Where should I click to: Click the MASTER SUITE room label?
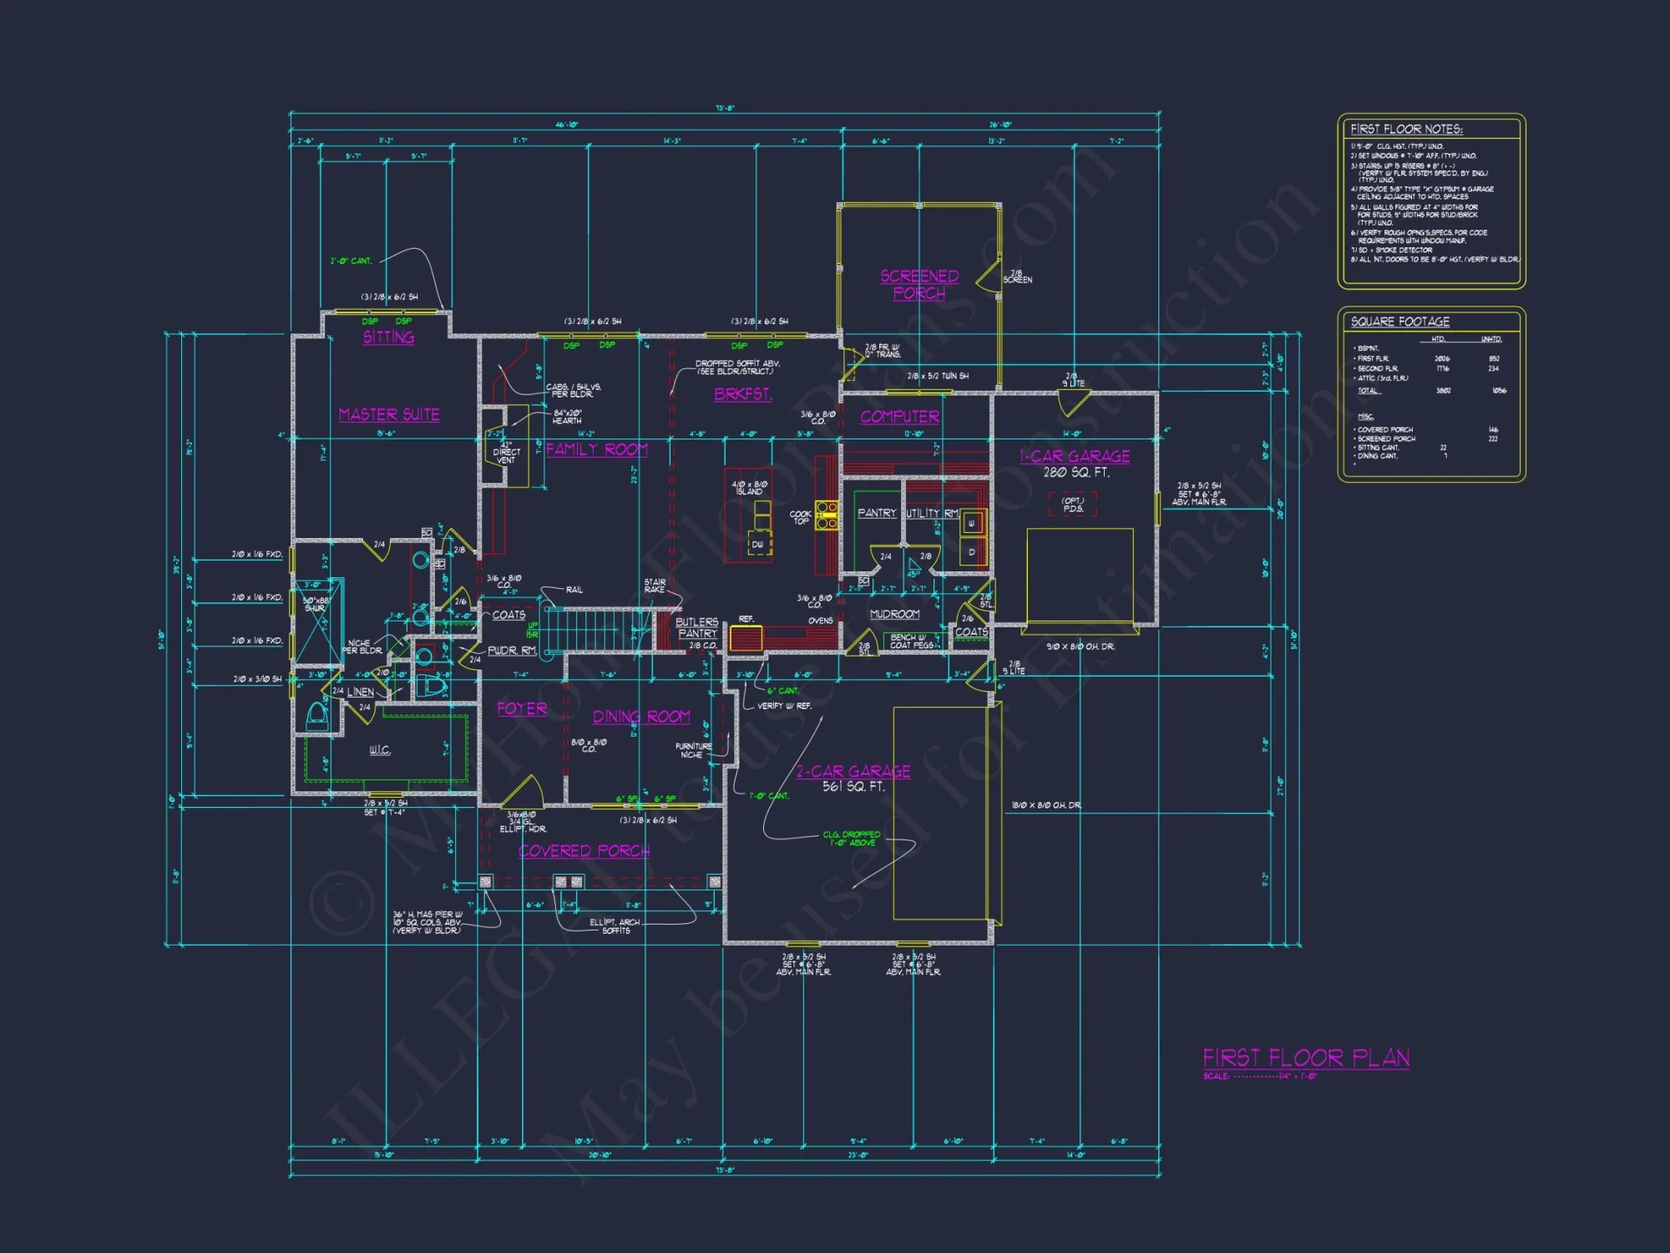[x=389, y=414]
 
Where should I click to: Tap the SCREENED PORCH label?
[x=919, y=284]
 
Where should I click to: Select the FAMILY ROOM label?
[x=597, y=449]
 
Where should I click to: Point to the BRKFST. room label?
[x=742, y=394]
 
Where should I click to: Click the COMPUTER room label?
[x=899, y=416]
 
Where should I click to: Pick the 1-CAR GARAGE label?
[x=1075, y=456]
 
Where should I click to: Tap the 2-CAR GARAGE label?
[x=853, y=771]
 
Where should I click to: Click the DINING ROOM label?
[x=641, y=717]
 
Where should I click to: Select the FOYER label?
[x=522, y=708]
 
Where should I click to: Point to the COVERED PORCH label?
[x=584, y=850]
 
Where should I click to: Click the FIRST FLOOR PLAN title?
[x=1306, y=1058]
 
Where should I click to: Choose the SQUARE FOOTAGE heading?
[x=1400, y=322]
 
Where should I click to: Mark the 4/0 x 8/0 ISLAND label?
[x=749, y=488]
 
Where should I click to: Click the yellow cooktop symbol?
[x=827, y=515]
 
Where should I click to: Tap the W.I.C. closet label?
[x=380, y=750]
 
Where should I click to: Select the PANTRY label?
[x=877, y=513]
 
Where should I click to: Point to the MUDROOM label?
[x=894, y=614]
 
